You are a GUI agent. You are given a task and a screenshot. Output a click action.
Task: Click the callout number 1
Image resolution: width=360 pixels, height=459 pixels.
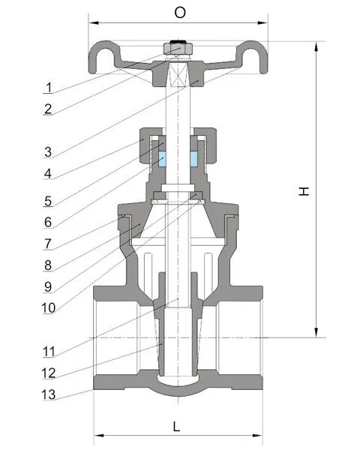pos(48,86)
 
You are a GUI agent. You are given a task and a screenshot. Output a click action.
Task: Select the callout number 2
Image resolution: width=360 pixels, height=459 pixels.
pos(48,109)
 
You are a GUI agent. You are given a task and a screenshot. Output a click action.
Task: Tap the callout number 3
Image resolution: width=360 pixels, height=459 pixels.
pos(48,151)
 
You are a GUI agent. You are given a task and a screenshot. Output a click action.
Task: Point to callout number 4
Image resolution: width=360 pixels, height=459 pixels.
pos(48,173)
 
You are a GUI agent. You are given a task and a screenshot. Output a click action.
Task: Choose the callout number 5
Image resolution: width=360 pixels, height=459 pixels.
pos(48,200)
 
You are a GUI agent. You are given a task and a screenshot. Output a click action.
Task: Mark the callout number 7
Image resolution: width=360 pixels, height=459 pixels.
pos(48,243)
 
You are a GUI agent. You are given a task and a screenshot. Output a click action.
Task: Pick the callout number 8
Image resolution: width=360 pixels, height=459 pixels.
pos(48,264)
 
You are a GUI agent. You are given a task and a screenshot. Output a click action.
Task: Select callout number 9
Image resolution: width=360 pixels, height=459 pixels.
pos(48,286)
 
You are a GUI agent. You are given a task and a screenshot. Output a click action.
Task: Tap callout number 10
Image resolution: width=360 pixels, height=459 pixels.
pos(48,307)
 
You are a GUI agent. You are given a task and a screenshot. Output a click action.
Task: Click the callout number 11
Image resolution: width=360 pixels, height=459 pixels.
pos(48,350)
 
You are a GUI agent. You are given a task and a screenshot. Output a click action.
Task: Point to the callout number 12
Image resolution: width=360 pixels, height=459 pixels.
pos(48,372)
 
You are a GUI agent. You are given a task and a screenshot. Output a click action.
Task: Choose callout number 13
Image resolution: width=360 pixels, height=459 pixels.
pos(48,394)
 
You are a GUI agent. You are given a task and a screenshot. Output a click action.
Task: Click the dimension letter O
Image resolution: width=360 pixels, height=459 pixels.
pos(179,13)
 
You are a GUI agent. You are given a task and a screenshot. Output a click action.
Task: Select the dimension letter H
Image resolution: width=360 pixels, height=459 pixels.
pos(303,192)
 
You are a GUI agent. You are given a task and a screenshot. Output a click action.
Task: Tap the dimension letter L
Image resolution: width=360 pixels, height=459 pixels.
pos(177,427)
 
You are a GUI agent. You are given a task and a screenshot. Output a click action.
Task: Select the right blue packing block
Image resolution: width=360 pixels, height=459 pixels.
pos(194,159)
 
